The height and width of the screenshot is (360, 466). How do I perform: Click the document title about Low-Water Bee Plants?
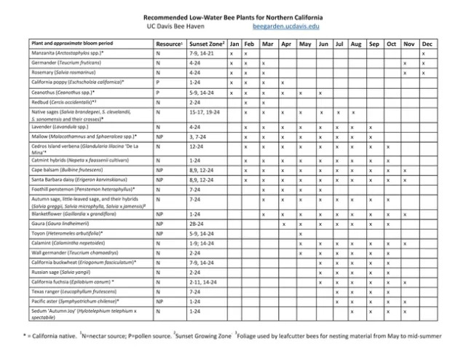click(x=233, y=16)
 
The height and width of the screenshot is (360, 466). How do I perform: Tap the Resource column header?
click(x=169, y=44)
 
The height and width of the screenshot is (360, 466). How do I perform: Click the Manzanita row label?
click(x=68, y=54)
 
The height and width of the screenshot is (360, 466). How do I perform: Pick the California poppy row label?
click(x=73, y=83)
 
